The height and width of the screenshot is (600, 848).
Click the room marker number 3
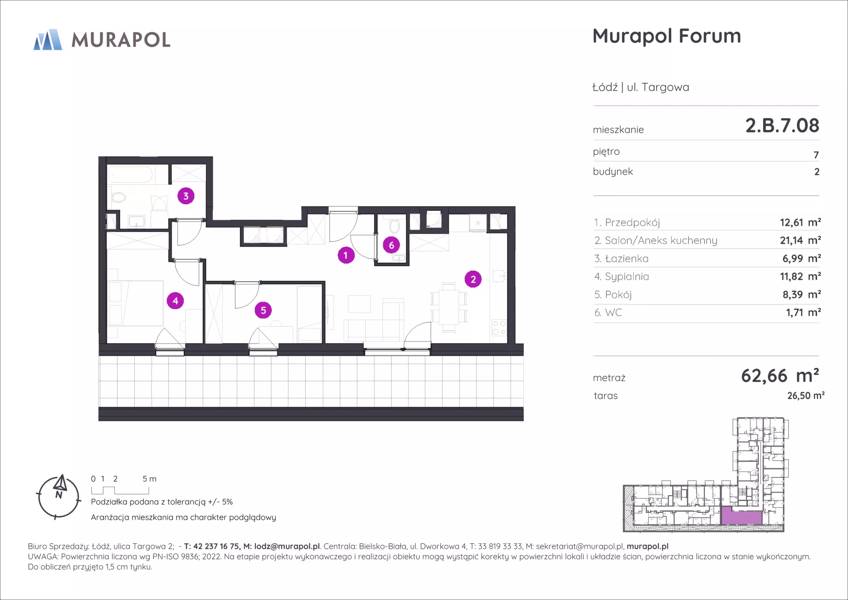186,196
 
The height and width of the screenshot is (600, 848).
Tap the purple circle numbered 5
263,310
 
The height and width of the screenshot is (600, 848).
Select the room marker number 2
473,279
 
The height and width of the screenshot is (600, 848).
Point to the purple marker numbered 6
391,245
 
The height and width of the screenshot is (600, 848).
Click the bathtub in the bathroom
131,174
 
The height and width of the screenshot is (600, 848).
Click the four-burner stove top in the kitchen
499,328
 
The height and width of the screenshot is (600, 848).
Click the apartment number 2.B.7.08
782,126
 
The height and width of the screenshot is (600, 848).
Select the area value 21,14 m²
800,240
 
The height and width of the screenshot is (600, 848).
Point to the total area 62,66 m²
780,375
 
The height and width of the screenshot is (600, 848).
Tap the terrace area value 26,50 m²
806,395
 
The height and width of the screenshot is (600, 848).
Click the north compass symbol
59,497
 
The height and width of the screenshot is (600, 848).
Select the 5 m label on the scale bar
149,479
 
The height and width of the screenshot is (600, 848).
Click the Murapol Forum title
666,36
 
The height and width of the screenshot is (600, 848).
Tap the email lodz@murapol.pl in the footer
287,546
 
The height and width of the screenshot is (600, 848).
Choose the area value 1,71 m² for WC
803,313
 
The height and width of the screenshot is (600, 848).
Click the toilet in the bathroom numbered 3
117,197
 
